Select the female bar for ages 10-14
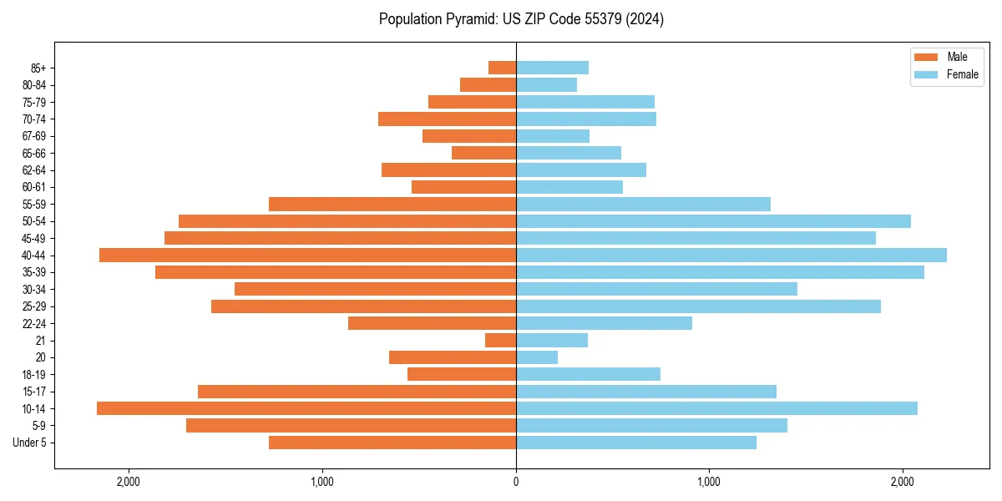pos(716,408)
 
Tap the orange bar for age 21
pos(500,341)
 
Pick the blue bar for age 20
pos(537,357)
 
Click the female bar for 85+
pos(552,68)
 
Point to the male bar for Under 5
pos(392,443)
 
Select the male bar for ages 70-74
pos(447,119)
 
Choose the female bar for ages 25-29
pos(698,306)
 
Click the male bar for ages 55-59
pos(392,205)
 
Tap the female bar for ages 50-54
pos(713,221)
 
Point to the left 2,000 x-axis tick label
pos(129,482)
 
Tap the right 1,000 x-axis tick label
pos(709,482)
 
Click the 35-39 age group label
pos(33,272)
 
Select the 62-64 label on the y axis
pos(33,170)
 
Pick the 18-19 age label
pos(33,375)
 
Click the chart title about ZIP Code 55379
pos(521,19)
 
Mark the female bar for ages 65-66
pos(569,153)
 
